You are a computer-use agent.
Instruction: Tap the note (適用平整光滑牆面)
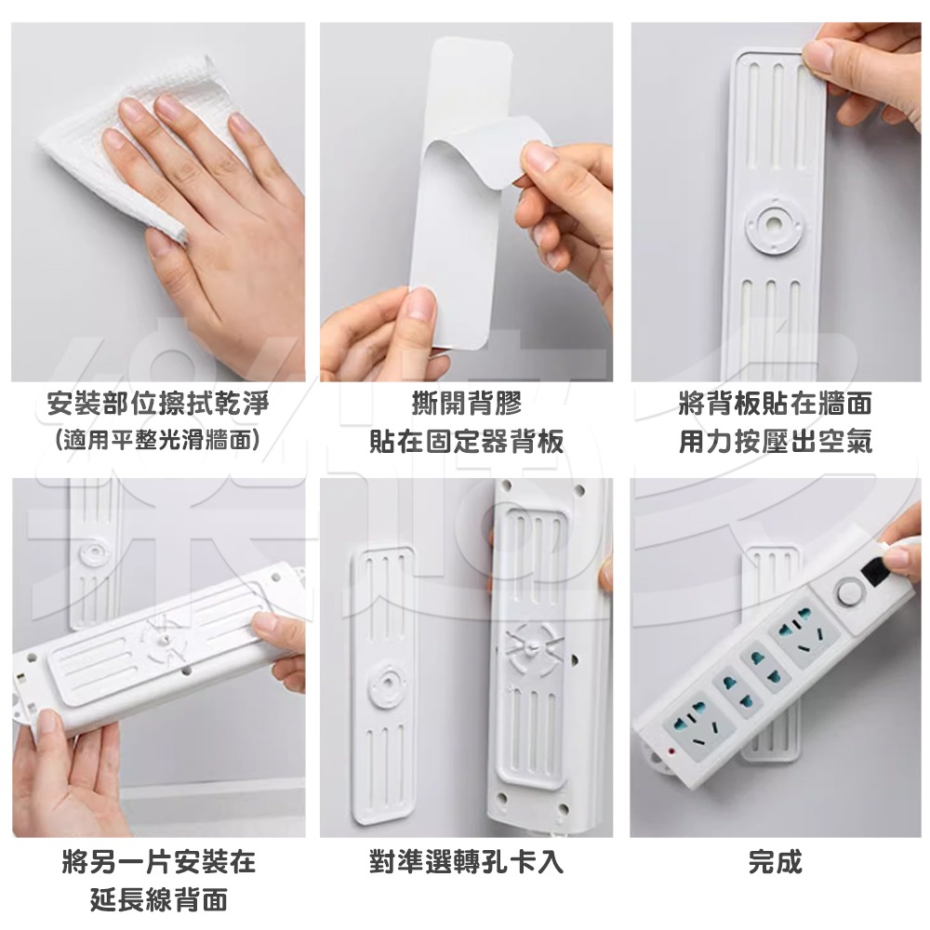click(157, 439)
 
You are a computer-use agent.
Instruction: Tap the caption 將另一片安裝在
click(158, 862)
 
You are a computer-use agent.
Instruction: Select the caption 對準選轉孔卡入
click(466, 862)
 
